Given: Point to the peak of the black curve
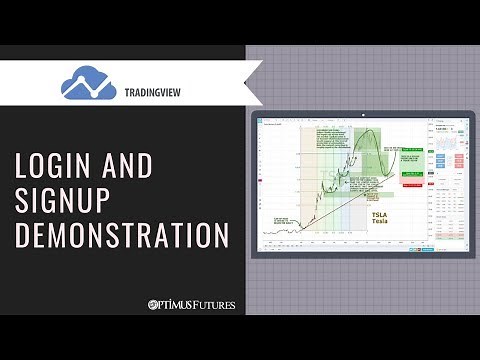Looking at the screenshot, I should pos(371,132).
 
